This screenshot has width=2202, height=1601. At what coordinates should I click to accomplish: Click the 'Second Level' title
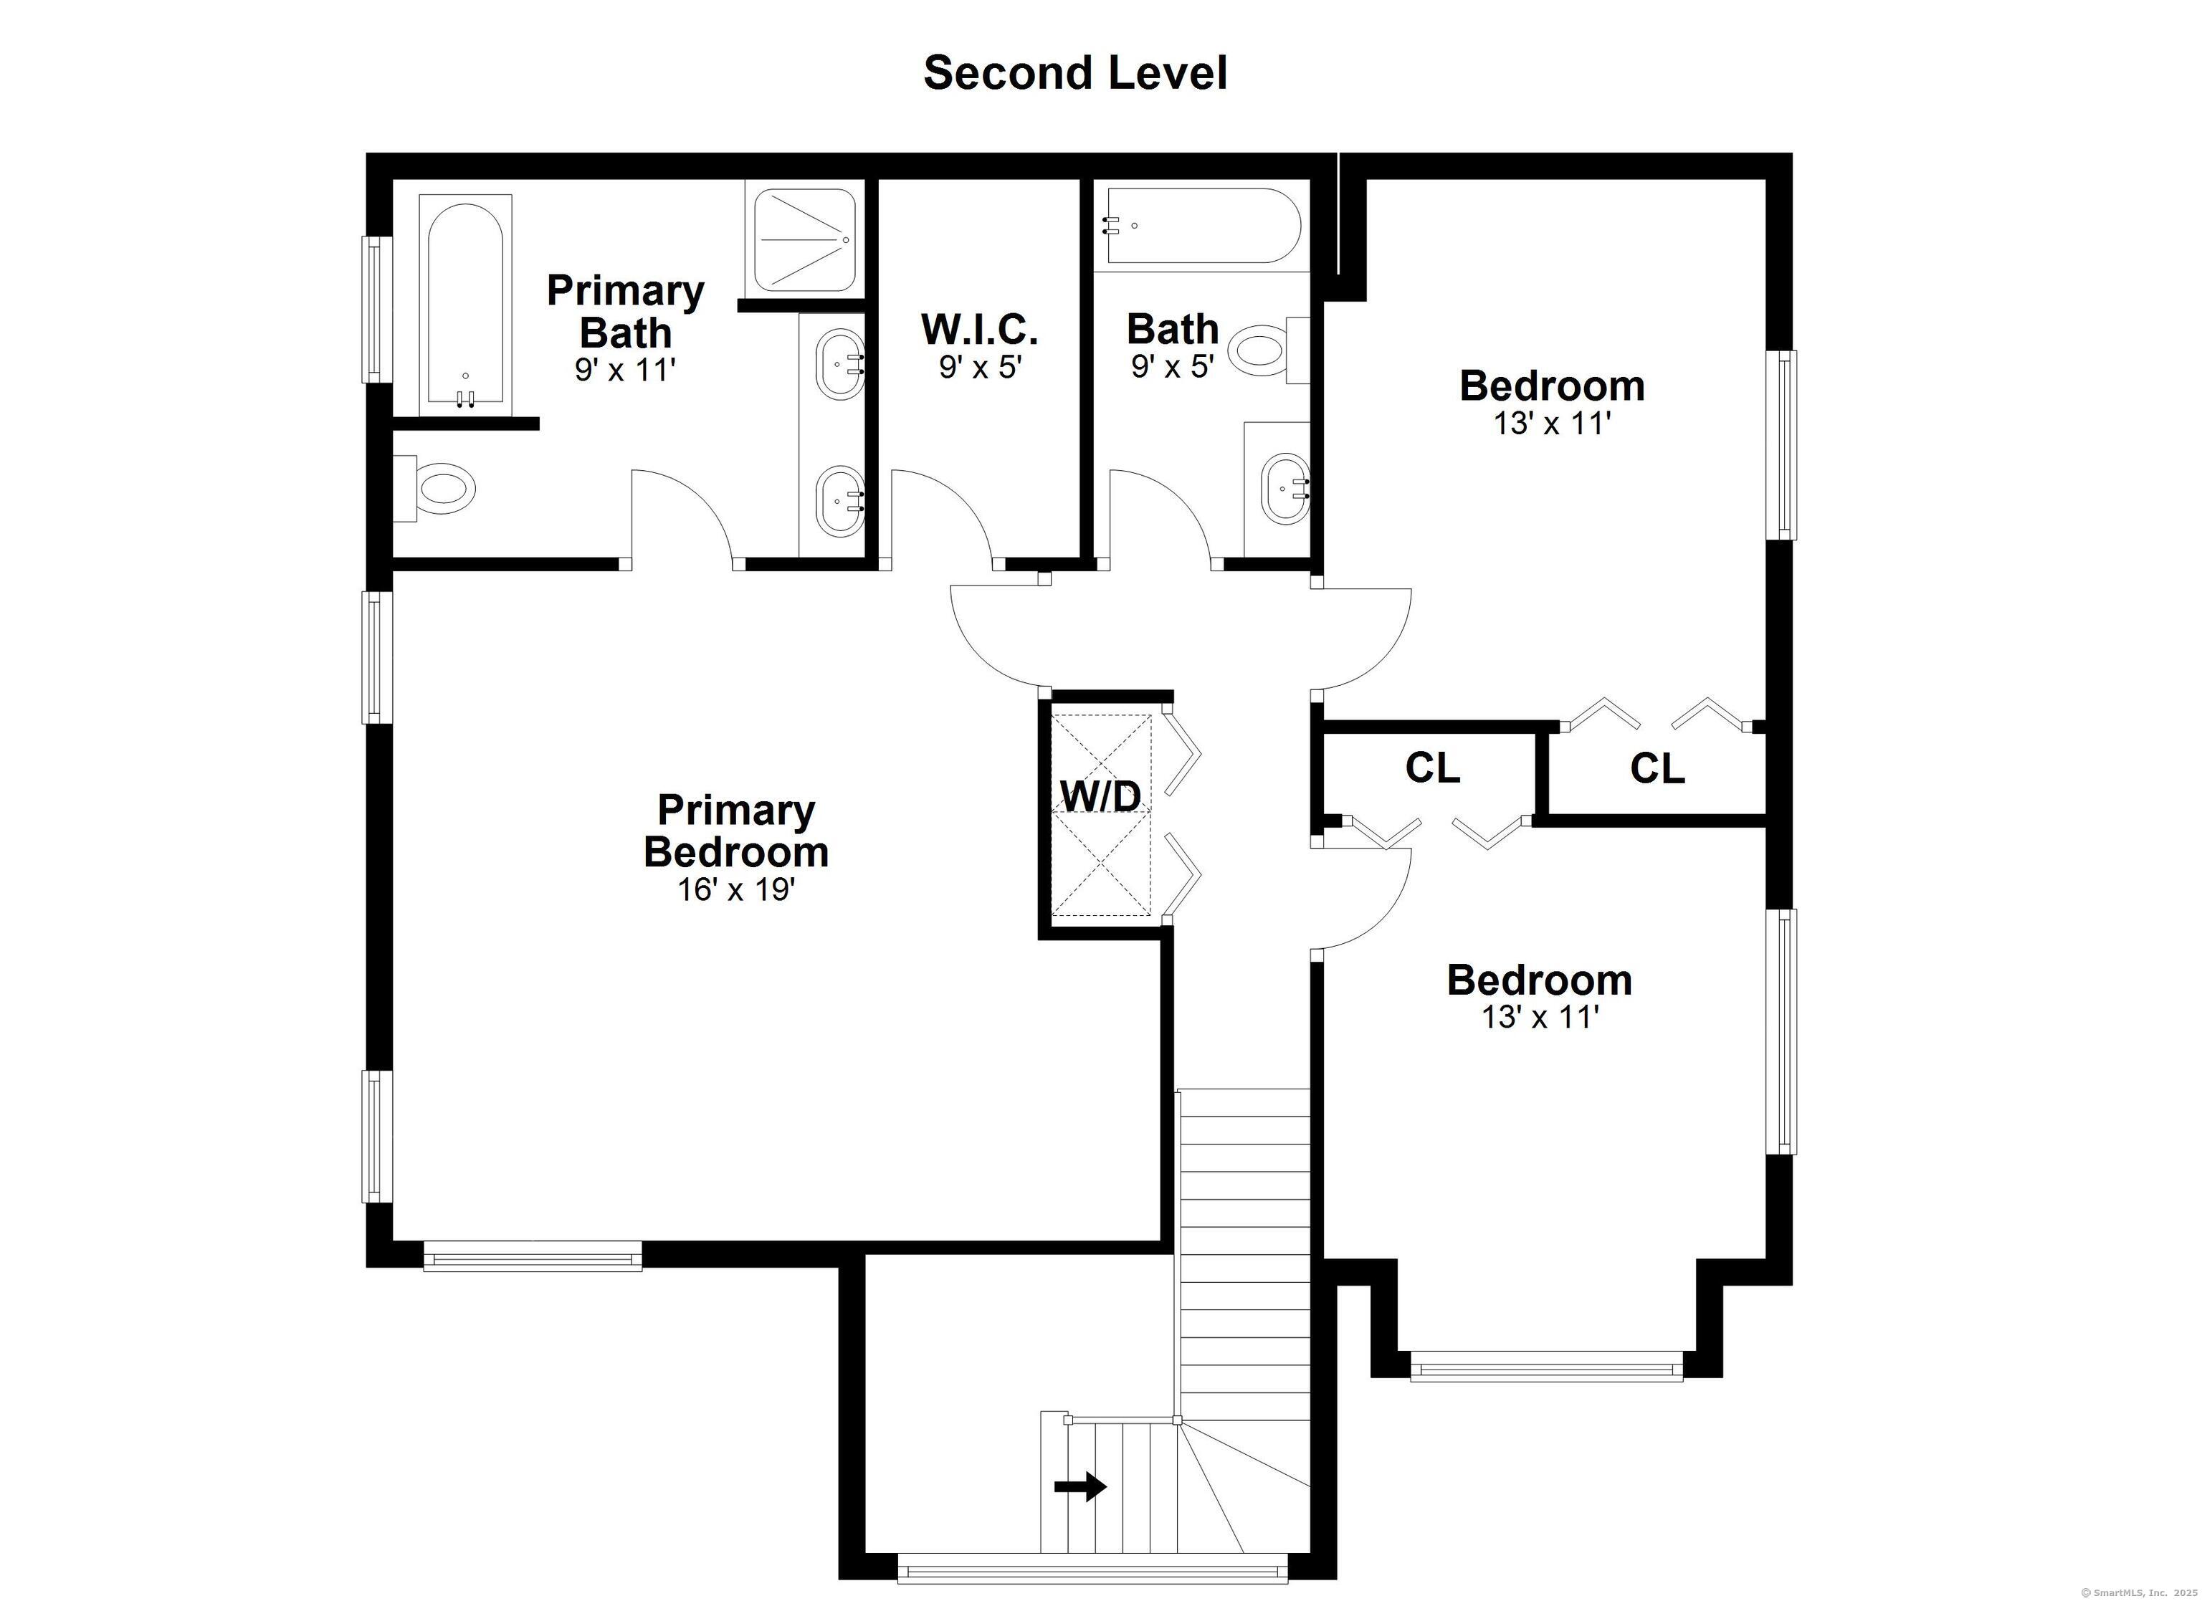(1074, 73)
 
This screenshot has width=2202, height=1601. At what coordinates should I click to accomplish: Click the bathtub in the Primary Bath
(465, 304)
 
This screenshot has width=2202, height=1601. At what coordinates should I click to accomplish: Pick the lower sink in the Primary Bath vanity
(839, 501)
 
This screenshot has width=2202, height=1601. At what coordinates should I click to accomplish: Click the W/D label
(1100, 797)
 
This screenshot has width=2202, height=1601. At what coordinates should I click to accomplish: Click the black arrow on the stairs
(1079, 1513)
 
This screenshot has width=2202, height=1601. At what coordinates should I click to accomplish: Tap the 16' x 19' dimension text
(736, 889)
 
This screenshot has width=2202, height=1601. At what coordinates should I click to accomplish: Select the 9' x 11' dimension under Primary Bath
(624, 370)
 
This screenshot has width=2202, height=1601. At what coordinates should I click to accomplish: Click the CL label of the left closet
(1432, 769)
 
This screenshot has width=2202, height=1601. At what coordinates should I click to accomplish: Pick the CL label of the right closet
(1657, 769)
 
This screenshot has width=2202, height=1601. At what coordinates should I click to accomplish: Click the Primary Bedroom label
(736, 831)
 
